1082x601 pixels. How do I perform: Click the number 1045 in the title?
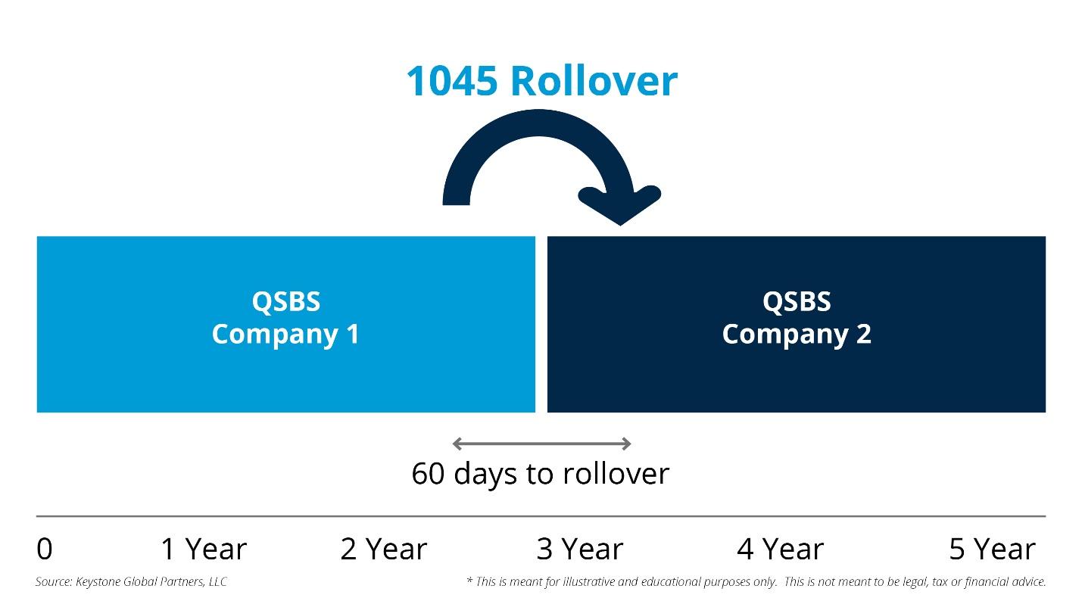(x=451, y=81)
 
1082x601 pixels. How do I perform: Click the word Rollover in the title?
(x=594, y=81)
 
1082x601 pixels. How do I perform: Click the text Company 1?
(x=285, y=334)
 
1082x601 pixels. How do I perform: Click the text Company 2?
(x=797, y=334)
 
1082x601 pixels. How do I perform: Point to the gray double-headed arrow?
(x=541, y=444)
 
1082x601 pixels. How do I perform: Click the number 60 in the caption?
(x=428, y=474)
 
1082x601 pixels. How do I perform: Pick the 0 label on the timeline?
(x=45, y=550)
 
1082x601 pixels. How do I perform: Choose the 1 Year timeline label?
(x=204, y=550)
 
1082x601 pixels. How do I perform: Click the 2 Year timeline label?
(x=384, y=550)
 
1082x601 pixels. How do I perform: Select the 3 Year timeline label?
(x=580, y=550)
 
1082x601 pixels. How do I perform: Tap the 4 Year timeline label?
(x=780, y=550)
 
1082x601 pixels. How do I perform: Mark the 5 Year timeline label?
(x=992, y=550)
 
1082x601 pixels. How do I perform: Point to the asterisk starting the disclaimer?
(x=469, y=581)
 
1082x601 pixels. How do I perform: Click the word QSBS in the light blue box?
(x=286, y=301)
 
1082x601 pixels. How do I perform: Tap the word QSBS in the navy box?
(x=797, y=301)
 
